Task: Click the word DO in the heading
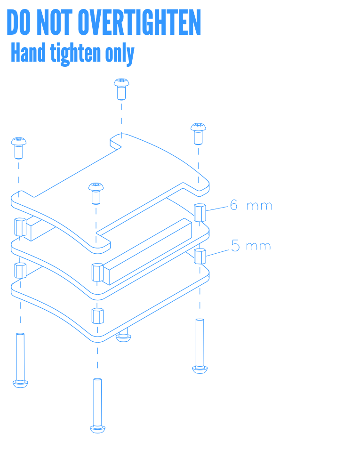click(x=19, y=22)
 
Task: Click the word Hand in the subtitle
click(x=28, y=53)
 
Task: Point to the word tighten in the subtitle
click(x=76, y=54)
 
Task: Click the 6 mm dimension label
click(x=251, y=205)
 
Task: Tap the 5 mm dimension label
click(x=251, y=246)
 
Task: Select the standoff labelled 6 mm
click(x=200, y=212)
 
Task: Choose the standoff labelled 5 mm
click(x=200, y=256)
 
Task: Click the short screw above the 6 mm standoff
click(x=198, y=134)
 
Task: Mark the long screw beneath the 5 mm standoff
click(x=200, y=346)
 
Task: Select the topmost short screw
click(x=121, y=89)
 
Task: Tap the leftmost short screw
click(x=19, y=148)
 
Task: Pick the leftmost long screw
click(x=20, y=360)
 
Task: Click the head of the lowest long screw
click(x=98, y=429)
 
